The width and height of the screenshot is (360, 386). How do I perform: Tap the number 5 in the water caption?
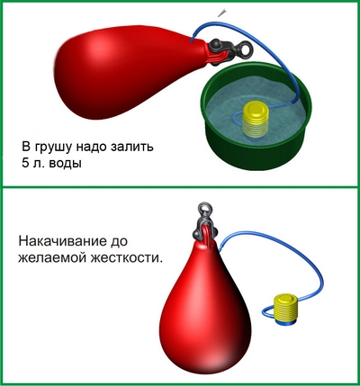click(25, 163)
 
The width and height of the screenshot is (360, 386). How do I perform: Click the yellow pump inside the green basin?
click(255, 120)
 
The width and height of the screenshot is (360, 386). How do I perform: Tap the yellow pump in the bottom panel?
click(287, 309)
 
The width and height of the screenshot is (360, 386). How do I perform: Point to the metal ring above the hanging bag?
click(203, 208)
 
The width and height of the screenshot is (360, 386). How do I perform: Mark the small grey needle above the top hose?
click(222, 13)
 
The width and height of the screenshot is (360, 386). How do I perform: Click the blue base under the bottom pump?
click(286, 323)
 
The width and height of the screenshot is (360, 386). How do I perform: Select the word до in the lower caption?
click(120, 242)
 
